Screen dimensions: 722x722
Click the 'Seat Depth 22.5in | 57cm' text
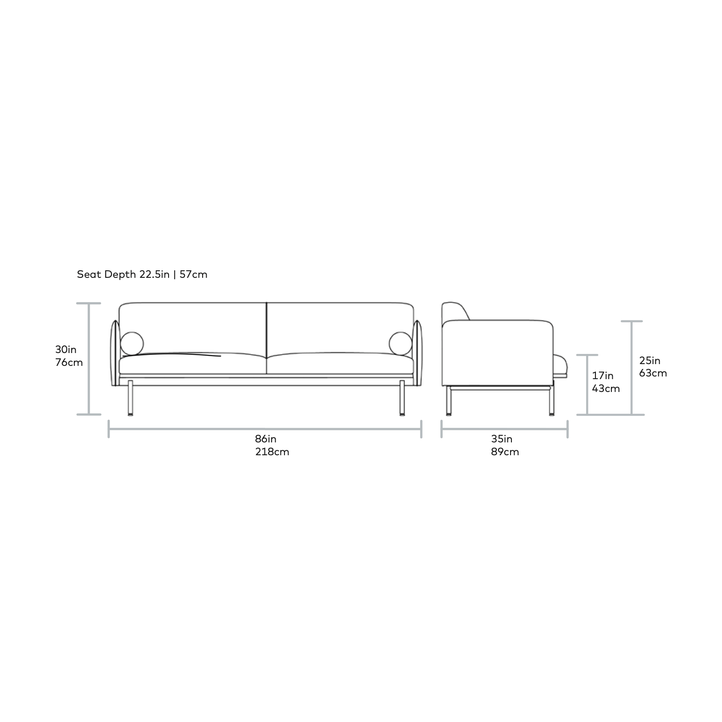coord(142,274)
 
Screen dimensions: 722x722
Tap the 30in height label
coord(66,349)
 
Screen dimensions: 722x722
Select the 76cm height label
coord(69,362)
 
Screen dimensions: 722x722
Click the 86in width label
coord(265,439)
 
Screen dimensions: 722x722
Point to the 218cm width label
coord(272,452)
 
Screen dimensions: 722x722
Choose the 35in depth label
coord(502,439)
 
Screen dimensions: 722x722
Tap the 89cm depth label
coord(505,452)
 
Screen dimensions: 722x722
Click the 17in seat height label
coord(603,376)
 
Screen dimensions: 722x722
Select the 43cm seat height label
coord(606,388)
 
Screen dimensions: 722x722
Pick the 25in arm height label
coord(649,360)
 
